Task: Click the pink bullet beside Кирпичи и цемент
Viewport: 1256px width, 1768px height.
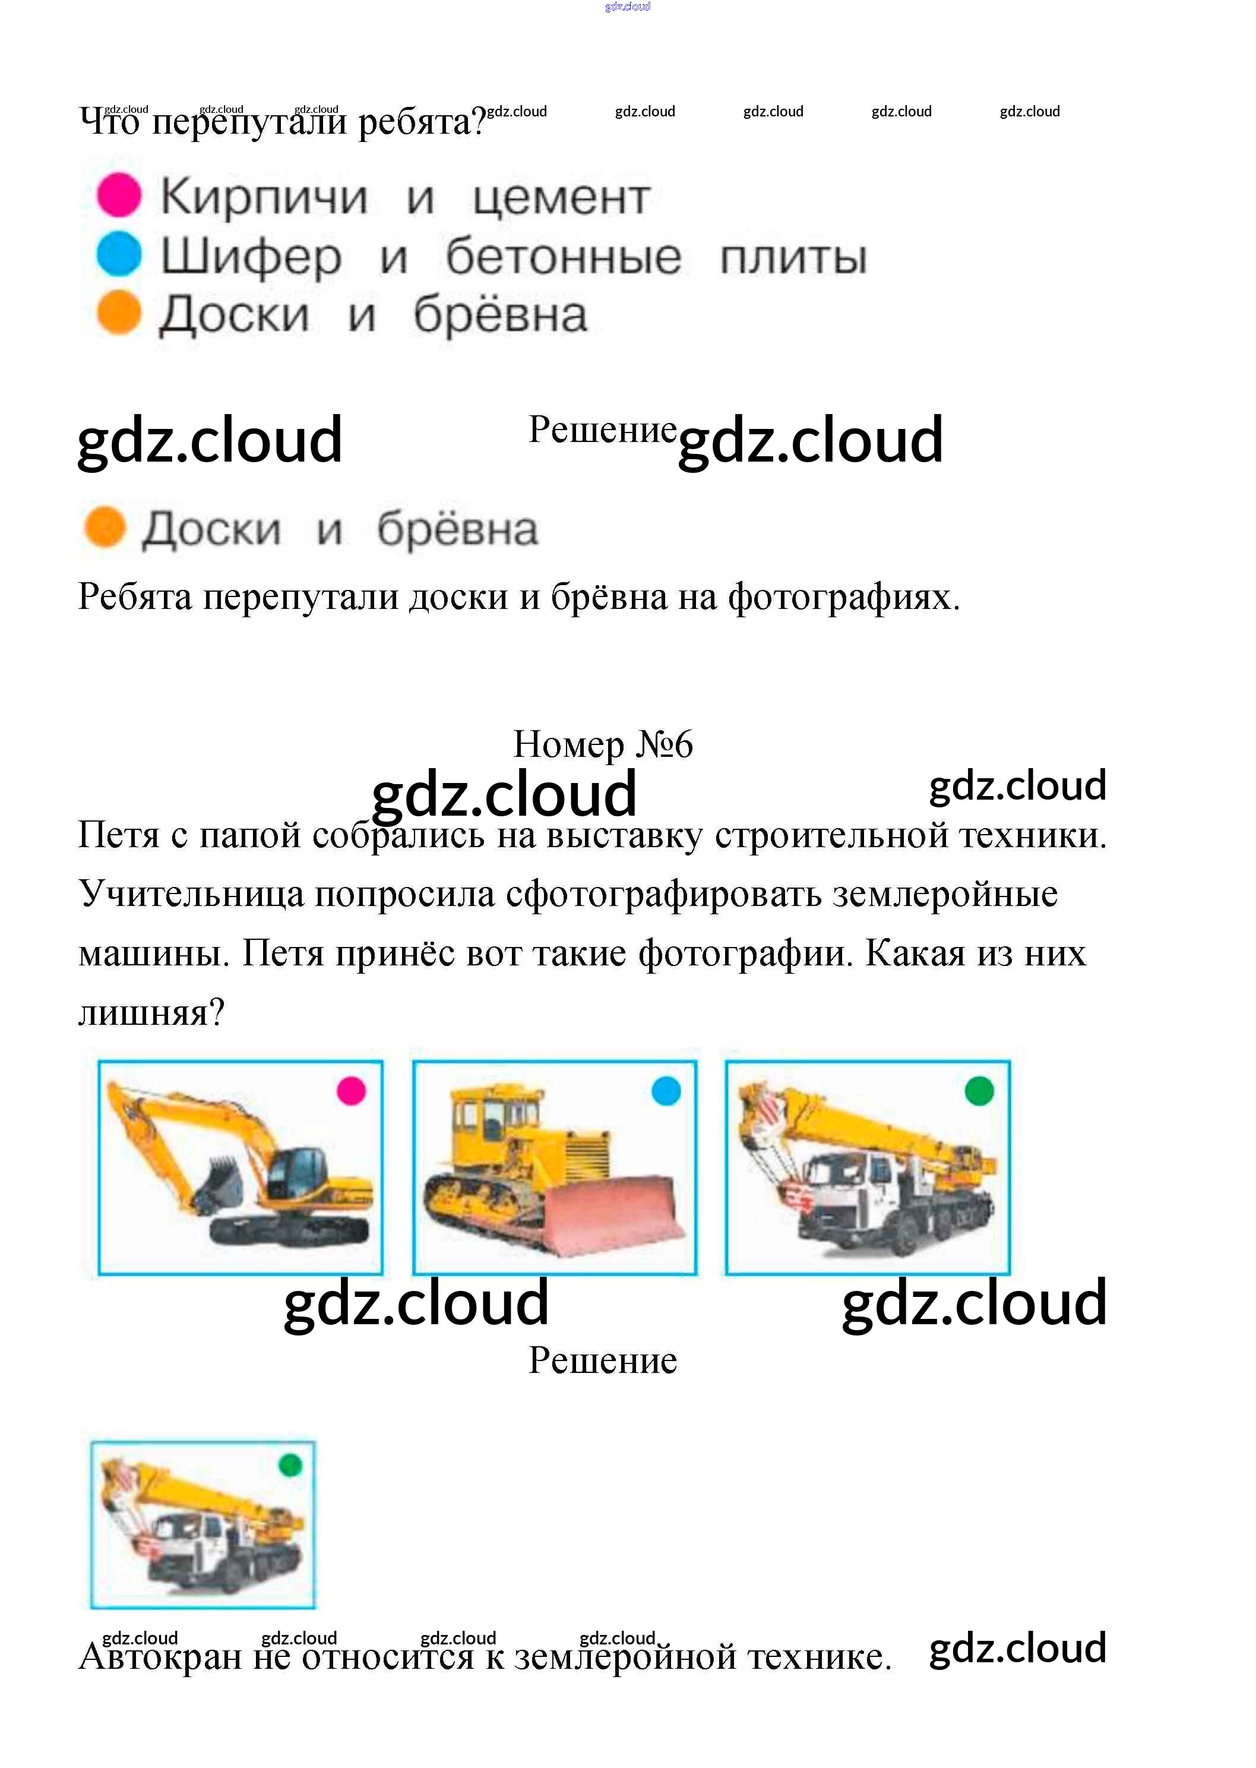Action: pyautogui.click(x=118, y=194)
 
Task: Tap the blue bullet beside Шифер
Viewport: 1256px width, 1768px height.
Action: pyautogui.click(x=118, y=254)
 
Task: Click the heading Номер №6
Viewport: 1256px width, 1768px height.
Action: pyautogui.click(x=603, y=744)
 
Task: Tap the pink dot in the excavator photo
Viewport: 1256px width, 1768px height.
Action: pyautogui.click(x=351, y=1091)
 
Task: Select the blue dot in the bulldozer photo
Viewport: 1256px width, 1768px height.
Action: pyautogui.click(x=666, y=1091)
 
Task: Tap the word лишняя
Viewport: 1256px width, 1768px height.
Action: pyautogui.click(x=151, y=1012)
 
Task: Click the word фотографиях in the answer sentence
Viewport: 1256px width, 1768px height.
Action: pyautogui.click(x=843, y=597)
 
